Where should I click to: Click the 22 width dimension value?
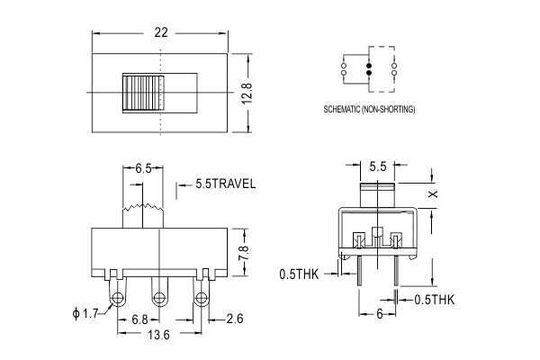tap(161, 32)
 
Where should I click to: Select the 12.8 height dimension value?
tap(247, 93)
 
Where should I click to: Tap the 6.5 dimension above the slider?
tap(143, 168)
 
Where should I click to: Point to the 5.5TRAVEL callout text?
tap(226, 184)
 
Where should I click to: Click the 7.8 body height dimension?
tap(244, 253)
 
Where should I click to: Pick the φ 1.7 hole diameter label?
tap(85, 313)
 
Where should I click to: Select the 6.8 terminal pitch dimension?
tap(139, 320)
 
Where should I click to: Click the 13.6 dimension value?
tap(158, 335)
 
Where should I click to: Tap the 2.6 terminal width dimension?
tap(235, 319)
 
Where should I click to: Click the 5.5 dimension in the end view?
tap(378, 166)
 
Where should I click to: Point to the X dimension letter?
tap(433, 194)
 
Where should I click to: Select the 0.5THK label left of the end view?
tap(299, 274)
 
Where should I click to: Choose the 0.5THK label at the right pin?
tap(435, 300)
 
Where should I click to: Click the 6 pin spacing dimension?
tap(379, 314)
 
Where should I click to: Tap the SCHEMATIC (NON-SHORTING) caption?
tap(369, 109)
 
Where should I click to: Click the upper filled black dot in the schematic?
tap(369, 66)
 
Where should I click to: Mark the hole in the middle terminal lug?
tap(159, 297)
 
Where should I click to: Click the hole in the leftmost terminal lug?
tap(117, 297)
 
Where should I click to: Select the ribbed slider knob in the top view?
tap(143, 93)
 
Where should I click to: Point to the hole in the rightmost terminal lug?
tap(201, 297)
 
